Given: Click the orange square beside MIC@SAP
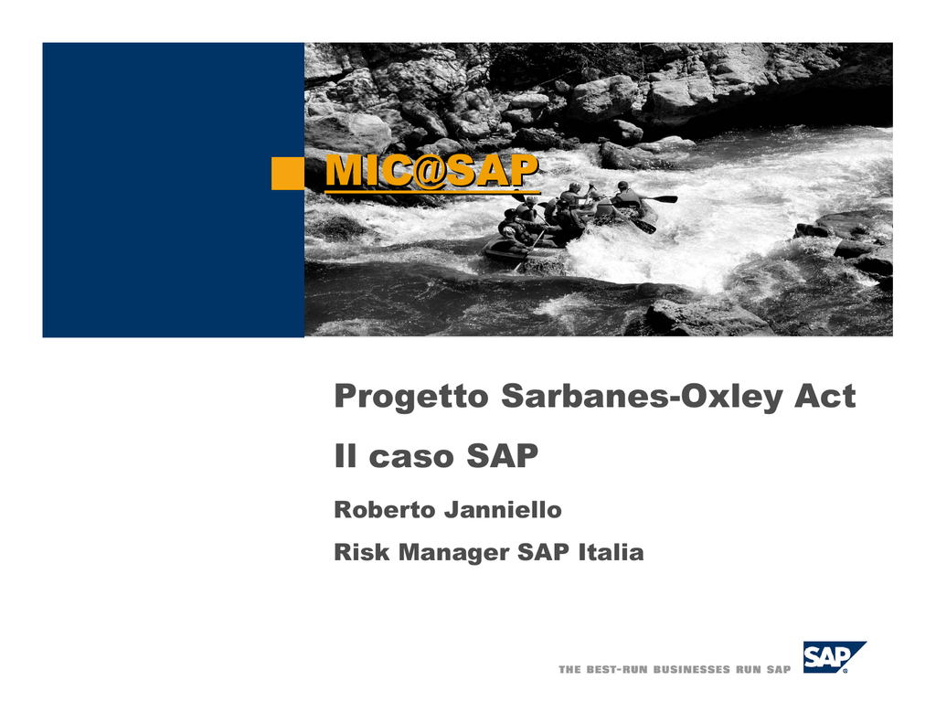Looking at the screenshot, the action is pos(288,173).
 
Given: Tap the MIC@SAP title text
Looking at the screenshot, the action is pos(432,172).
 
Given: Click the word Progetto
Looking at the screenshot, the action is pos(411,397).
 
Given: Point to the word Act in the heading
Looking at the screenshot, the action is pos(825,396).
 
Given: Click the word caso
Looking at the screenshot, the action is pos(412,457).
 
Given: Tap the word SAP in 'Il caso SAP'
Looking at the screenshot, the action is pos(502,455).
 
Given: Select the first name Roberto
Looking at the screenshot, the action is pos(385,510).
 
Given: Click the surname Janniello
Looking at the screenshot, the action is pos(503,510).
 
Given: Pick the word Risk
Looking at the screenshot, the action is pos(362,552).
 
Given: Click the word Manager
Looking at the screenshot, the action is pos(453,553).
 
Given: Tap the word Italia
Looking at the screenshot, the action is pos(611,552).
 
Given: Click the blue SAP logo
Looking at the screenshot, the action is pos(835,657).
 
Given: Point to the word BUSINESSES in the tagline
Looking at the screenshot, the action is pos(692,670).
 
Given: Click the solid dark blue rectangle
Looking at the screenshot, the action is pos(173,190).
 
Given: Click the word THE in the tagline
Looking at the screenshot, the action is pos(569,670).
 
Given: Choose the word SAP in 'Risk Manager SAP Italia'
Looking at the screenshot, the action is pos(543,552).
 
